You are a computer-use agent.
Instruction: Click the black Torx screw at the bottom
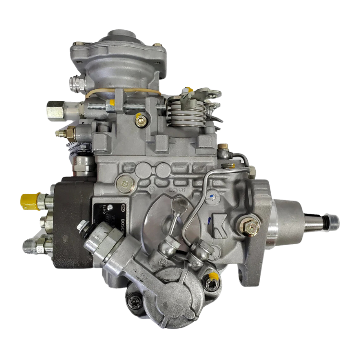[x=133, y=300]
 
